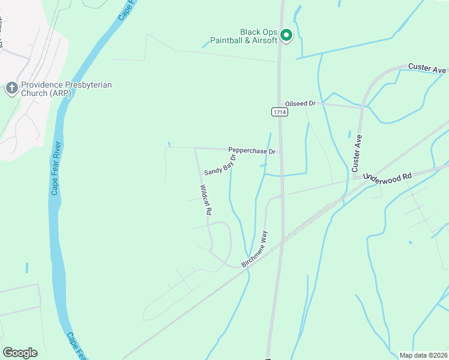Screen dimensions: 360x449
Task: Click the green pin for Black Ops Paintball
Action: pos(286,36)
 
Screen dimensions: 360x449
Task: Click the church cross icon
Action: pos(11,89)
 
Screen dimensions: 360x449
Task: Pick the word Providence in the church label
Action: pos(41,85)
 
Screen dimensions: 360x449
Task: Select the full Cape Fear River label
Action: pos(56,169)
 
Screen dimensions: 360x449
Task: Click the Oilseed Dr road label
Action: pos(300,103)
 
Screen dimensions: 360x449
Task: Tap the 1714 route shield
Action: pos(279,112)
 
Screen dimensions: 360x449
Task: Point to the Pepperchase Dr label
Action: pos(252,151)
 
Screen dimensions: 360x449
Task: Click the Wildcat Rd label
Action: pos(206,200)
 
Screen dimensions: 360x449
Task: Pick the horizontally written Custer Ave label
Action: pos(427,68)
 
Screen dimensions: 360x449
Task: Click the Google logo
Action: pos(20,353)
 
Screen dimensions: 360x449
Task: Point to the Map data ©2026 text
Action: pos(424,355)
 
